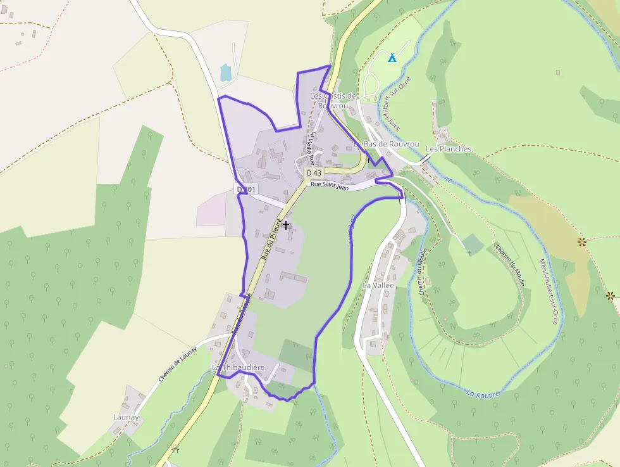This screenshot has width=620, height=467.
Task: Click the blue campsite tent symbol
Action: click(x=392, y=58)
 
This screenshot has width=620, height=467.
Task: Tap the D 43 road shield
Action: click(x=314, y=173)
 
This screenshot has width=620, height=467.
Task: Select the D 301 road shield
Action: click(x=246, y=189)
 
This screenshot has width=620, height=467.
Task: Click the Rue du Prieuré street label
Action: click(x=271, y=245)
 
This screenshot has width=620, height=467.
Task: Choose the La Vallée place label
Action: click(x=378, y=285)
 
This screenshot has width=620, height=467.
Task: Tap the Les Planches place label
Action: click(x=449, y=149)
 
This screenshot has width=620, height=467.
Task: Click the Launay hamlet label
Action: click(x=125, y=417)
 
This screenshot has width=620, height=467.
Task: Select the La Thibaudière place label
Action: click(x=238, y=368)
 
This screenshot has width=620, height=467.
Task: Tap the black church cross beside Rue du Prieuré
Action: click(x=286, y=225)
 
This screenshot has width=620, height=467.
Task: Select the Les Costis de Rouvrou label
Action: click(x=333, y=100)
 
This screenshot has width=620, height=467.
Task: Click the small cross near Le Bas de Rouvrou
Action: click(x=368, y=160)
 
